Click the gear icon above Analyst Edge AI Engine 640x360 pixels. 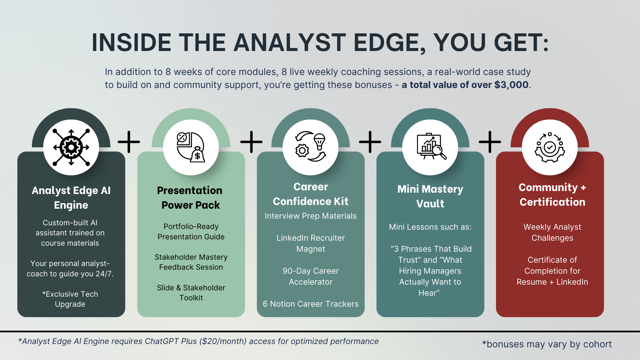point(71,147)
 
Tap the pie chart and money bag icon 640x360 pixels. point(191,147)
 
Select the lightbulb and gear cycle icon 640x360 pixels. point(310,147)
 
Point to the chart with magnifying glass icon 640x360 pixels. point(430,147)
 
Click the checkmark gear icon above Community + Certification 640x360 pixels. point(550,147)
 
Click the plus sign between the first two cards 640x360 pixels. point(129,142)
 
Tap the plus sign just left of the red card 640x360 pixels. point(490,142)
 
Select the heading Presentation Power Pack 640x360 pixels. point(190,198)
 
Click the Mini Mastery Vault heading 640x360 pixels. point(430,196)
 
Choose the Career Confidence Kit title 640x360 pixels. point(310,194)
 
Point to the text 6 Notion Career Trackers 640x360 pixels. point(310,304)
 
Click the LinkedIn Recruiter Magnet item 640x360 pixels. point(310,243)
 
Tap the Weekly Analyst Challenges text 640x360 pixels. point(552,232)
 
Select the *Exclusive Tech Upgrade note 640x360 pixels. point(70,299)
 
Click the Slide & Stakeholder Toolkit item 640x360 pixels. point(191,293)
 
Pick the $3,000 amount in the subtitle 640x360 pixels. point(511,85)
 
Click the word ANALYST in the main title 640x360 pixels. point(290,43)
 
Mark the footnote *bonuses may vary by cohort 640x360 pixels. point(547,344)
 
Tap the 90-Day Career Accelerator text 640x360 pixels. point(310,276)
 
